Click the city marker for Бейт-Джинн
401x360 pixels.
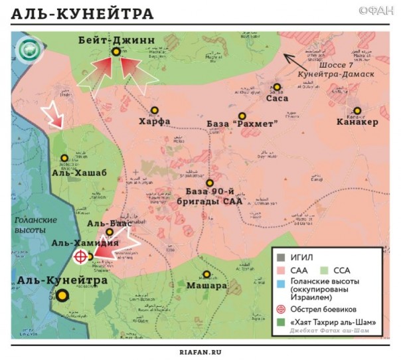click(x=116, y=51)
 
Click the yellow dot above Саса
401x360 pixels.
click(x=277, y=87)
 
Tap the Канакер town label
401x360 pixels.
click(x=357, y=122)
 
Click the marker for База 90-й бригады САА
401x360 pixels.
click(x=210, y=183)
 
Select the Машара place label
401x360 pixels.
click(x=206, y=286)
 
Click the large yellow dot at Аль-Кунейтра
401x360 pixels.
click(x=62, y=296)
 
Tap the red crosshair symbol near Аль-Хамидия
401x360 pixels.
click(x=80, y=256)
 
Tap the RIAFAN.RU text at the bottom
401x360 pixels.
click(x=200, y=353)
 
